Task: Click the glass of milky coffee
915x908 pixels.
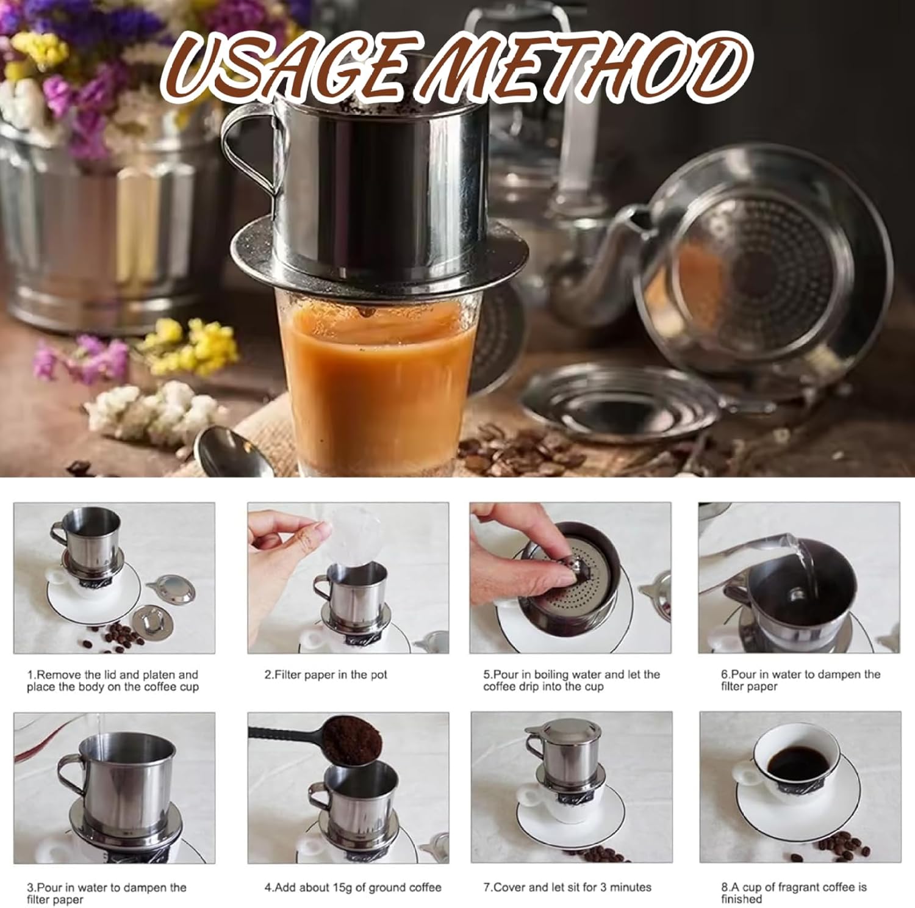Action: tap(377, 378)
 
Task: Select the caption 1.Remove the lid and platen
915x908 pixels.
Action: tap(113, 680)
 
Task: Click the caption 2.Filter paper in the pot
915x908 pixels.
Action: tap(326, 674)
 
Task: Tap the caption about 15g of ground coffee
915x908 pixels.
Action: tap(353, 887)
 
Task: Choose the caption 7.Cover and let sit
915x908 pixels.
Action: tap(567, 887)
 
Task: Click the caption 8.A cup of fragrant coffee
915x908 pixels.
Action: tap(794, 892)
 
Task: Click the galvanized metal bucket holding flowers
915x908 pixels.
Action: tap(98, 226)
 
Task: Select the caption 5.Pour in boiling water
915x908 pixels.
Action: tap(572, 680)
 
